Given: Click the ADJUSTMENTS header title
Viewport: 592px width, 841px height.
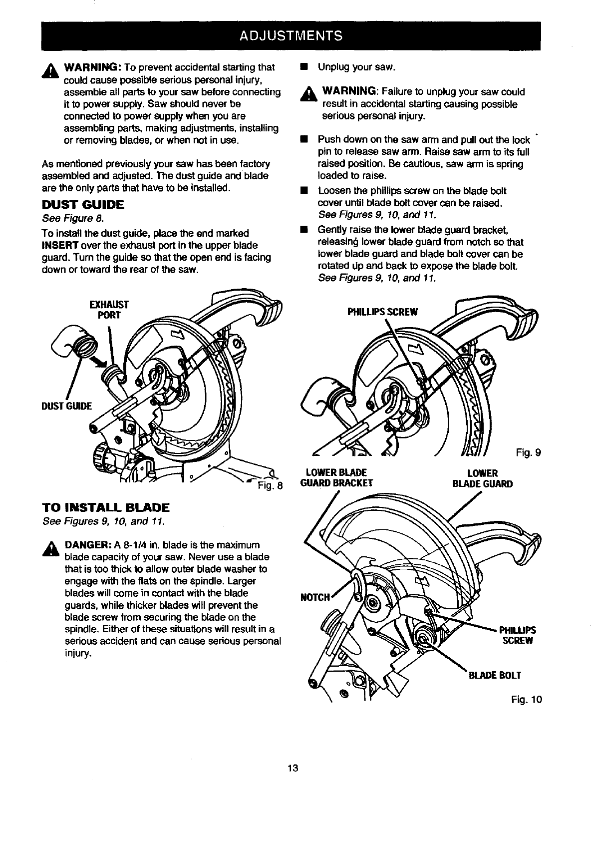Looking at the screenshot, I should [291, 35].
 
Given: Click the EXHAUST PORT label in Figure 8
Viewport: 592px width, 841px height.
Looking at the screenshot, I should [108, 310].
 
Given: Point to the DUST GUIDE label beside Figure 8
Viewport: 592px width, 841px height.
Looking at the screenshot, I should [66, 406].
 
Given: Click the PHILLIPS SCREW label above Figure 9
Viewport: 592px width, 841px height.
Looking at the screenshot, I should [382, 312].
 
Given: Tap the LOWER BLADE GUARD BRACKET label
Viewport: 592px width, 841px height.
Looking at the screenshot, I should [336, 478].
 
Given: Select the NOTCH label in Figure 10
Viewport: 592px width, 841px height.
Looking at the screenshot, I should [315, 597].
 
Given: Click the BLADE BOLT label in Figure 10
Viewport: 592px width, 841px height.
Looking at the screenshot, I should [494, 675].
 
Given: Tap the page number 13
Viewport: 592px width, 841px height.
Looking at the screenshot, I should [293, 768].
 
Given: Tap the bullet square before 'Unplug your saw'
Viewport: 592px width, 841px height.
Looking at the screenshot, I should [303, 67].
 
